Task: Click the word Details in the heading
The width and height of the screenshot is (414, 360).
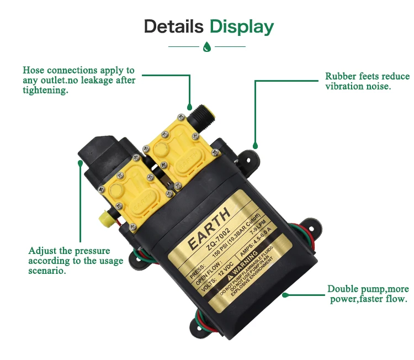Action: point(174,27)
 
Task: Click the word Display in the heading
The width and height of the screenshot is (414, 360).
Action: point(241,27)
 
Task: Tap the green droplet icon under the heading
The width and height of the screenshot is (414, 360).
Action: point(207,47)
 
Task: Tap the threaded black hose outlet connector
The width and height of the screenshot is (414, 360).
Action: point(197,117)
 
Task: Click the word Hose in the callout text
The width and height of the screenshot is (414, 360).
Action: point(33,71)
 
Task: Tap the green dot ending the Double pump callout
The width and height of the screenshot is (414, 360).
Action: point(285,294)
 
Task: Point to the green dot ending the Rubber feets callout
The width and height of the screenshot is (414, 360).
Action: point(255,146)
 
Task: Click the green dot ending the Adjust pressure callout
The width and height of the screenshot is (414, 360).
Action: point(81,163)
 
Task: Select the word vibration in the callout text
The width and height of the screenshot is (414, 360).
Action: point(348,86)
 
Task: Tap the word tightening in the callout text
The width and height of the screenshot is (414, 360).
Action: point(45,91)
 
